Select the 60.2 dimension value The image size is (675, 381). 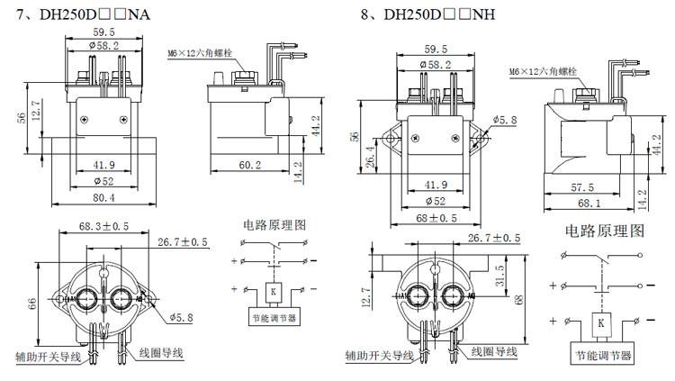tap(250, 166)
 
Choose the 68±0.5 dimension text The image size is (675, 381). tap(436, 217)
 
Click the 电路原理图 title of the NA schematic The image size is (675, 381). tap(274, 223)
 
